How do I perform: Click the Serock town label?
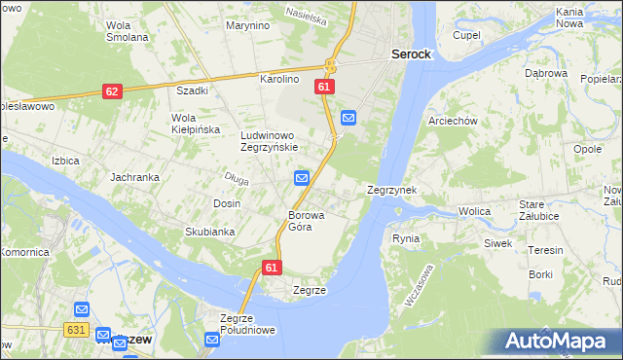[x=411, y=55]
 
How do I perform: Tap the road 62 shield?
[x=112, y=90]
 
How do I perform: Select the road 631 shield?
[x=79, y=330]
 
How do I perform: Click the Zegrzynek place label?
[x=392, y=191]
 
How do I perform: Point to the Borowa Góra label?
[x=306, y=221]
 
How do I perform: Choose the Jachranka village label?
[x=134, y=178]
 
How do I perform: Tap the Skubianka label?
[x=210, y=232]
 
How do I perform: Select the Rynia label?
[x=405, y=238]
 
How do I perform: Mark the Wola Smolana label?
[x=127, y=31]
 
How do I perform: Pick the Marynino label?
[x=247, y=25]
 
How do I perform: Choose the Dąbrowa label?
[x=545, y=73]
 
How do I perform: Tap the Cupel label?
[x=467, y=35]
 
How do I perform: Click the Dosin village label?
[x=227, y=203]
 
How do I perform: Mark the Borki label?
[x=540, y=275]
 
